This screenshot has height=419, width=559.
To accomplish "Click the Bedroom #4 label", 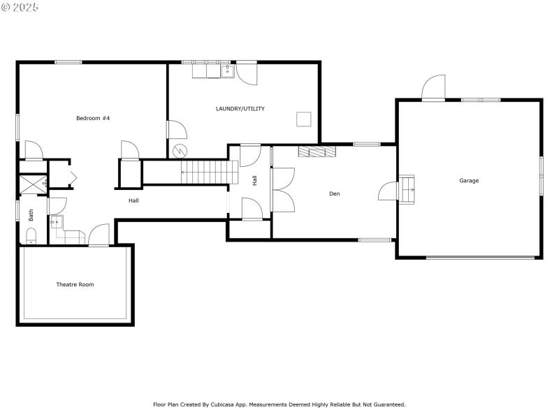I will [93, 118].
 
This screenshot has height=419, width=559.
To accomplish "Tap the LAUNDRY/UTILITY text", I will [240, 108].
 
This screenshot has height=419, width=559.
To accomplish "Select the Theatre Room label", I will [75, 284].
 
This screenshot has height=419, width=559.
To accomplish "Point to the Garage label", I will [469, 181].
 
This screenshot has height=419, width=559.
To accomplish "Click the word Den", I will [335, 193].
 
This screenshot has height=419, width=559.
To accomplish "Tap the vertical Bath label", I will [31, 216].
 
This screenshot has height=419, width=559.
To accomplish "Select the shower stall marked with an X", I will [33, 184].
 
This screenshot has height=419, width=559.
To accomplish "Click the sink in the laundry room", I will [228, 71].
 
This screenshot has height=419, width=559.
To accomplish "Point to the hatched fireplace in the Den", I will [317, 152].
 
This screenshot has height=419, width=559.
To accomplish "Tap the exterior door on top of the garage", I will [433, 89].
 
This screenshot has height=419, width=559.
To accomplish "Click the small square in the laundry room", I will [303, 119].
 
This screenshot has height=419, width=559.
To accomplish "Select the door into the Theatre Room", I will [99, 236].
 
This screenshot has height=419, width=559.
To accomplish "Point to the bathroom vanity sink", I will [57, 222].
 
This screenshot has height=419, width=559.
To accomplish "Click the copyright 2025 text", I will [20, 7].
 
